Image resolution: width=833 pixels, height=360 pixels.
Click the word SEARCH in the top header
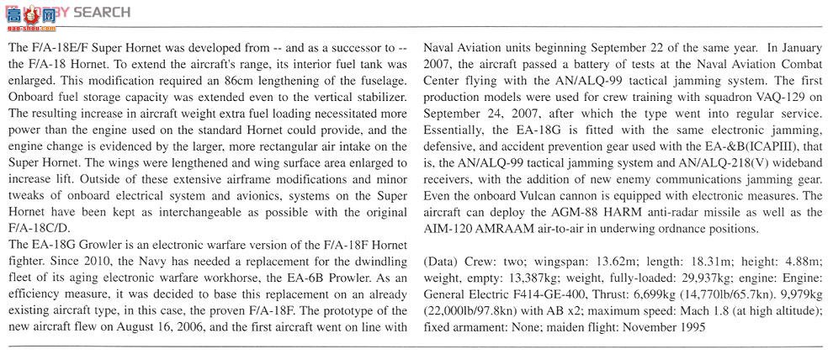click(x=102, y=12)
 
